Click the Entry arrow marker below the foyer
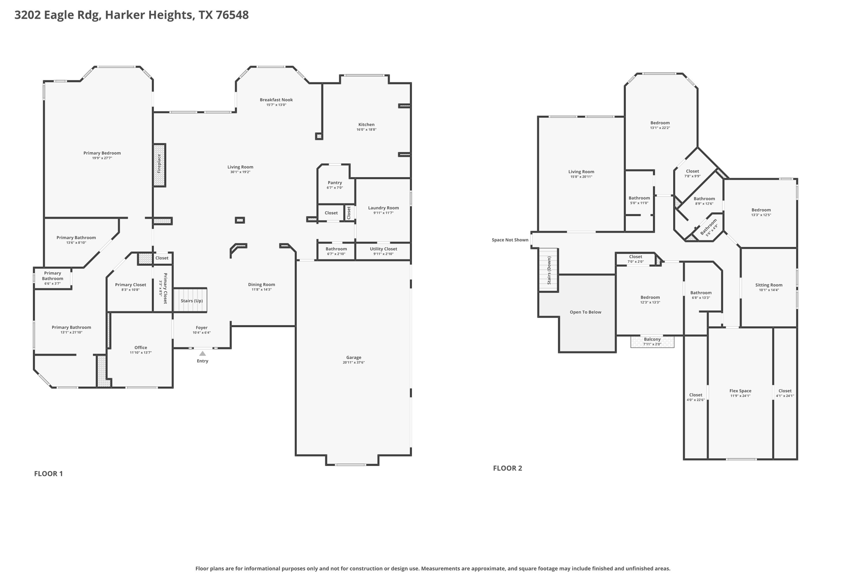coord(203,353)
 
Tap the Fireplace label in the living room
coord(159,164)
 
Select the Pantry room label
coord(334,183)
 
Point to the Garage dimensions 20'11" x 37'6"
coord(354,363)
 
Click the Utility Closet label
coord(383,249)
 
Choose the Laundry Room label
coord(383,208)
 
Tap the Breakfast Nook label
coord(276,100)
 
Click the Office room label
coord(140,347)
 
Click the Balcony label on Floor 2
coord(652,339)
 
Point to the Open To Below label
coord(585,312)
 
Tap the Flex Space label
coord(740,391)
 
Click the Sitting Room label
coord(768,285)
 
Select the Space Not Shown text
coord(510,240)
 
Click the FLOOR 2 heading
coord(507,468)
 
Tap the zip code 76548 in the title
coord(232,15)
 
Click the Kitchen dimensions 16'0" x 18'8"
coord(366,130)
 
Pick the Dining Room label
coord(261,284)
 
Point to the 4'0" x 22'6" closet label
coord(696,400)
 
